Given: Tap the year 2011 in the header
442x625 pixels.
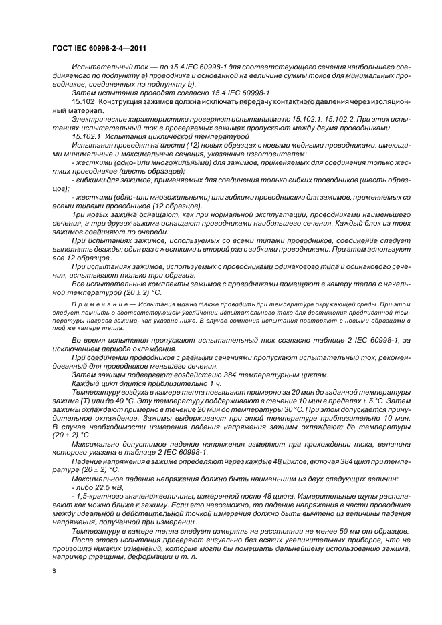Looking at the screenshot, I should (x=137, y=48).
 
